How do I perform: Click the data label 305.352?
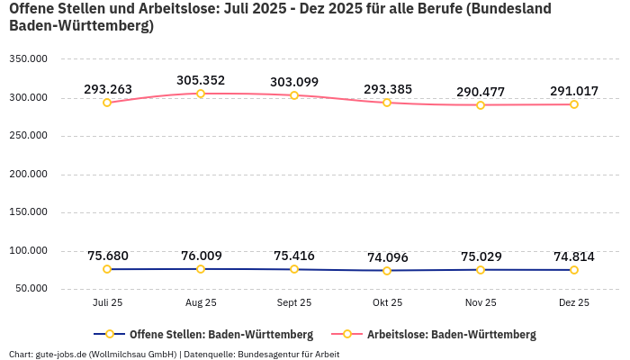pos(200,80)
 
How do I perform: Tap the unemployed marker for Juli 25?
pos(107,103)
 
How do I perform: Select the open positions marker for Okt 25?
pos(387,271)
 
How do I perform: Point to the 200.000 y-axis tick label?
pos(28,175)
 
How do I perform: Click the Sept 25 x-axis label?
pos(293,303)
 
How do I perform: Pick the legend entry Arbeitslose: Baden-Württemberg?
pos(440,334)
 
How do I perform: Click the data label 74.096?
pos(387,257)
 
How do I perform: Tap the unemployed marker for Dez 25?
pos(573,104)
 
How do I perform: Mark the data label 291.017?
pos(573,91)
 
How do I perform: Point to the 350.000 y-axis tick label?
pos(28,59)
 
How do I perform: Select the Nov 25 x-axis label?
pos(481,303)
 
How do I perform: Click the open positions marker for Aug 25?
pos(201,269)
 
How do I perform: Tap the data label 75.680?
pos(107,256)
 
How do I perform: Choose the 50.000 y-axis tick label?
pos(31,289)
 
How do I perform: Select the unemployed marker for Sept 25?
pos(293,95)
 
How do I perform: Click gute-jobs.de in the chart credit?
pos(61,354)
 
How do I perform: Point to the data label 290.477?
pos(481,92)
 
